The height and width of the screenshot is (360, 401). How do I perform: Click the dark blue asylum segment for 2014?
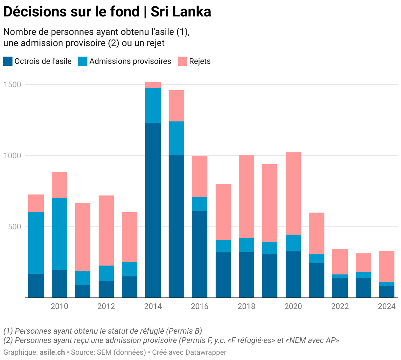click(x=153, y=211)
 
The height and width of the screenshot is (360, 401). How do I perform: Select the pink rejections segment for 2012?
click(x=106, y=230)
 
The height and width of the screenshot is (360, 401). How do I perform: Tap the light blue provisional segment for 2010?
click(x=59, y=234)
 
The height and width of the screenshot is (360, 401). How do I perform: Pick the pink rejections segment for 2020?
click(x=293, y=193)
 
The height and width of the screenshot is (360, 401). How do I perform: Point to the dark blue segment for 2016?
click(x=200, y=254)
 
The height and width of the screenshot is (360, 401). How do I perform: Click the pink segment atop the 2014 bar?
click(x=153, y=85)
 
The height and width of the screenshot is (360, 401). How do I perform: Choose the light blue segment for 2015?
click(x=176, y=138)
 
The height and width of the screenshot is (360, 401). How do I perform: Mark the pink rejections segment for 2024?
click(x=387, y=266)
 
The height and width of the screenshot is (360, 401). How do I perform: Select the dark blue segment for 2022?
click(x=340, y=288)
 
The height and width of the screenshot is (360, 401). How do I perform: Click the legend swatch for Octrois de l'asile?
click(x=8, y=61)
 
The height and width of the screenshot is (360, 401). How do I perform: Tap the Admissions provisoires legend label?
click(x=130, y=61)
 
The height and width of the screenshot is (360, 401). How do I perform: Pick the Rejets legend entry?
click(x=200, y=61)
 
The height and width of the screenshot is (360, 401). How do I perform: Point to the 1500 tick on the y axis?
click(x=12, y=85)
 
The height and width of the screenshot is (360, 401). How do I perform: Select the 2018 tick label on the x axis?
click(x=247, y=306)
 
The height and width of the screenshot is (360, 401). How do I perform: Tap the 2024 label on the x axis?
click(x=387, y=306)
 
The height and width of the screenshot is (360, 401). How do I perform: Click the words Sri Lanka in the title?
click(x=181, y=12)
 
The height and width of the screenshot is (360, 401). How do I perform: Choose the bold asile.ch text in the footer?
click(x=52, y=352)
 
